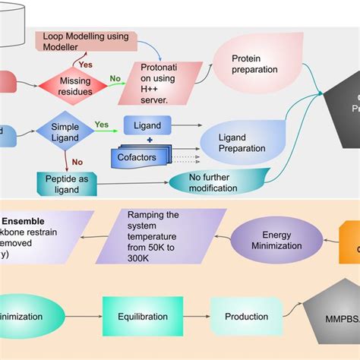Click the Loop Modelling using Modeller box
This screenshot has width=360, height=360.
coord(85,41)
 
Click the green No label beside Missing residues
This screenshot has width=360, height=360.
coord(115,77)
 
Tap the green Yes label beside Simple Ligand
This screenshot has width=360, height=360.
coord(101,125)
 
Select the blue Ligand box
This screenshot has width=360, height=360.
coord(147,125)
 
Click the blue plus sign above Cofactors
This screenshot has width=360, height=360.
coord(150,141)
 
